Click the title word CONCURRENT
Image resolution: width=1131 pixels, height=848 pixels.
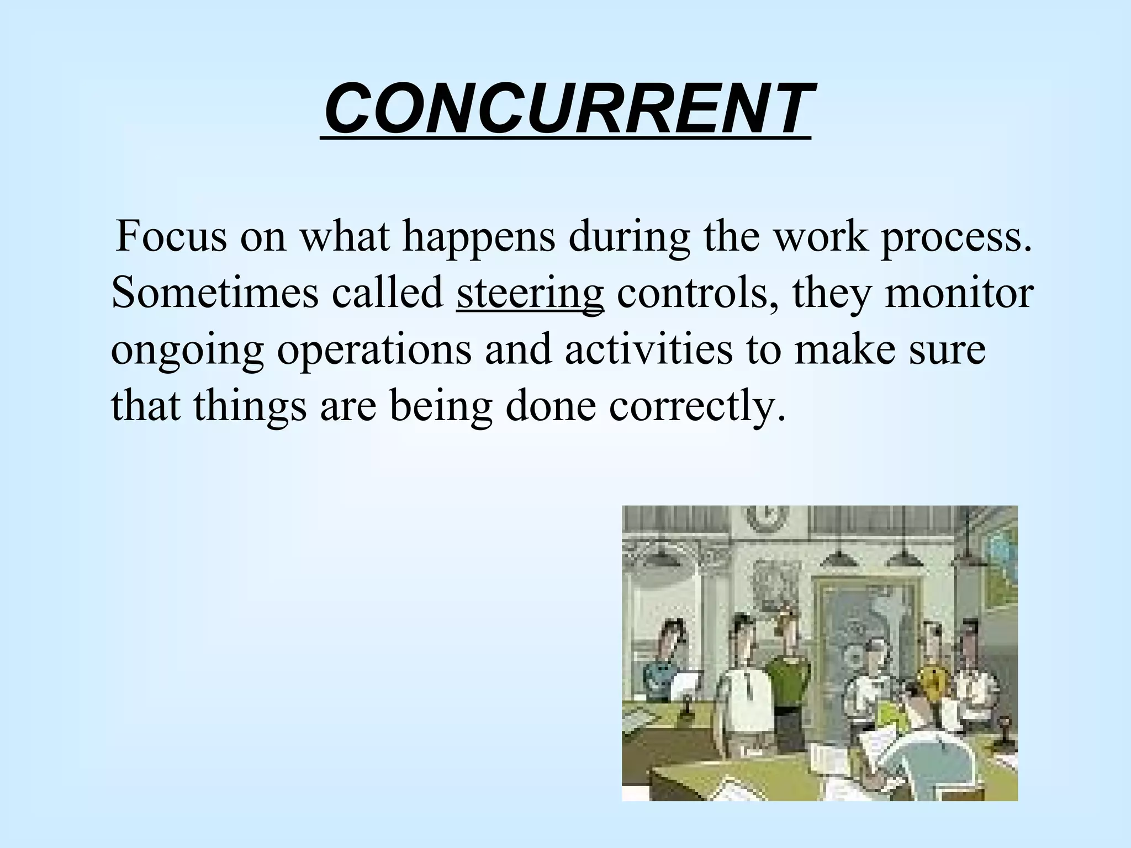coord(565,108)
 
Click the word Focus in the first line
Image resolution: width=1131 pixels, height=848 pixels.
coord(171,236)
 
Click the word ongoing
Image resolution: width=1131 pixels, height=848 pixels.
coord(188,351)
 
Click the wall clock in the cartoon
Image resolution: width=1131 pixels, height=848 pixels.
coord(768,519)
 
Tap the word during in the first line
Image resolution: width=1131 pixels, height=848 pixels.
coord(630,236)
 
